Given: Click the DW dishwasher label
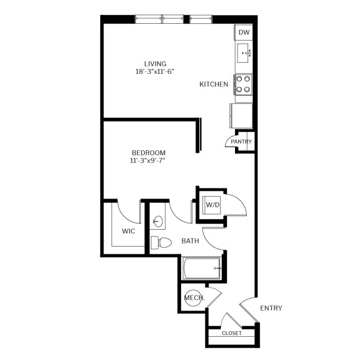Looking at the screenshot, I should pyautogui.click(x=244, y=33).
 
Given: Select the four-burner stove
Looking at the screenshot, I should pyautogui.click(x=243, y=84).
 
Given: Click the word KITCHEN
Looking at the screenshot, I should pyautogui.click(x=214, y=85).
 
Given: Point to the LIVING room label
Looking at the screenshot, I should pyautogui.click(x=155, y=63).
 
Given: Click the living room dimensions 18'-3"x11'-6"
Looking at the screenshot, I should pyautogui.click(x=154, y=71).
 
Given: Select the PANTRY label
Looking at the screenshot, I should pyautogui.click(x=241, y=141).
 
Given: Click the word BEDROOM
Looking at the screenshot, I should pyautogui.click(x=149, y=153).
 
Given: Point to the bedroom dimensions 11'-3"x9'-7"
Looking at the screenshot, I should pyautogui.click(x=149, y=161).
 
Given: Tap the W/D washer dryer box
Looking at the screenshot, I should pyautogui.click(x=212, y=204).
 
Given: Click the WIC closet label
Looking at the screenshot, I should pyautogui.click(x=128, y=231).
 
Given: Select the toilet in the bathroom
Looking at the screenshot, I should pyautogui.click(x=162, y=243).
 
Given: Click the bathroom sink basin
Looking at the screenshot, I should pyautogui.click(x=158, y=221).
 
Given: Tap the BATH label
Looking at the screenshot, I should pyautogui.click(x=190, y=241).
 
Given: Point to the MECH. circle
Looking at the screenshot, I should pyautogui.click(x=193, y=299).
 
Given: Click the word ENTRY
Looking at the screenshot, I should pyautogui.click(x=270, y=308).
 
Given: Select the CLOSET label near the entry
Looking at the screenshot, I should pyautogui.click(x=232, y=333).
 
